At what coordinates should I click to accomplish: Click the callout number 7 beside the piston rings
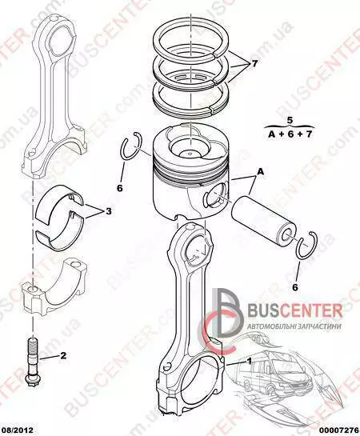pos(254,64)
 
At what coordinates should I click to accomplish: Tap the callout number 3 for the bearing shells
pos(109,211)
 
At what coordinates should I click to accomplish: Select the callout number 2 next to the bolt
pos(63,355)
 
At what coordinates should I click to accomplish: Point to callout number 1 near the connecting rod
pos(250,362)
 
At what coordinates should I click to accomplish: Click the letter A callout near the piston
pos(261,171)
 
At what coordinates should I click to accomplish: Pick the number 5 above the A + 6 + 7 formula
pos(290,121)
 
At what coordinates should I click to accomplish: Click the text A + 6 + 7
pos(290,134)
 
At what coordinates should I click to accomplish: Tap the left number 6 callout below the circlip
pos(119,188)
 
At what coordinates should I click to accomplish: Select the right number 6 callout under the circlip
pos(295,287)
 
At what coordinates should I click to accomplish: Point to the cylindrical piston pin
pos(263,221)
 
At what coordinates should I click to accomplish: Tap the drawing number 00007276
pos(341,430)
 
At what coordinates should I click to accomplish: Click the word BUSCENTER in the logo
pos(294,311)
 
